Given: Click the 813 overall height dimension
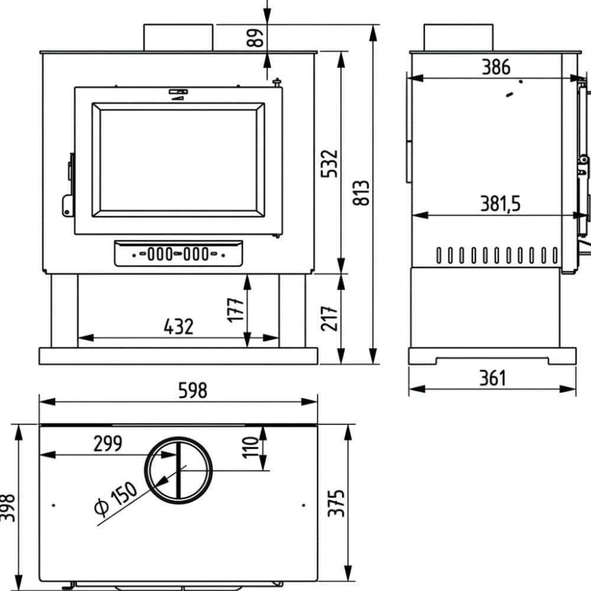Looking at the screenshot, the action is [x=361, y=193].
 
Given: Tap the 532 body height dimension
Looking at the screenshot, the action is [x=329, y=163].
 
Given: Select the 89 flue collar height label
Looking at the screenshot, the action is [x=255, y=38].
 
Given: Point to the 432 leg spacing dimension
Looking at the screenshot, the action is [x=178, y=326].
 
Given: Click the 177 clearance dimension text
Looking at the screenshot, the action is [x=236, y=310].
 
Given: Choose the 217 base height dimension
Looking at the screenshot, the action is [x=329, y=319].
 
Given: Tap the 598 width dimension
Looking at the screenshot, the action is [x=193, y=390].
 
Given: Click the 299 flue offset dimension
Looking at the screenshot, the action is [x=108, y=443].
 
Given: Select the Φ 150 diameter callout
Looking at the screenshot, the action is [x=115, y=498].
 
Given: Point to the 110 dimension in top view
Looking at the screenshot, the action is [x=250, y=447].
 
